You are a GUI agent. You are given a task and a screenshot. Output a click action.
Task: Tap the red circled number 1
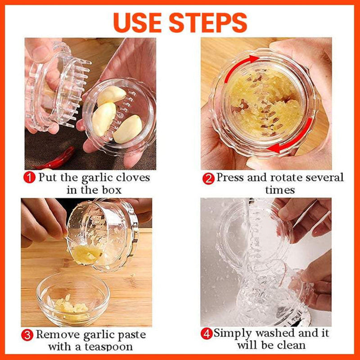[30, 177]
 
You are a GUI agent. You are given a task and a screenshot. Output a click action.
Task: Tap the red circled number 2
[208, 178]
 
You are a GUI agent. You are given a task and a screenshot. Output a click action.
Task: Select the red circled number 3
[28, 334]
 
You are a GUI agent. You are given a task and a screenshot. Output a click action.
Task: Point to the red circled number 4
[207, 333]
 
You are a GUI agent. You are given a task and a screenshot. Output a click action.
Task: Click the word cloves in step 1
[130, 177]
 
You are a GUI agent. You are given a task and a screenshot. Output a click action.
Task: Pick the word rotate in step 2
[288, 177]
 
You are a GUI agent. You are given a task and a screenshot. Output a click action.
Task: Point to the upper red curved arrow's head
[254, 59]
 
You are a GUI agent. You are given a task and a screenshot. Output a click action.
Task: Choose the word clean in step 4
[292, 346]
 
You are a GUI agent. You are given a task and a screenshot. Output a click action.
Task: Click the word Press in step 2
[231, 177]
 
